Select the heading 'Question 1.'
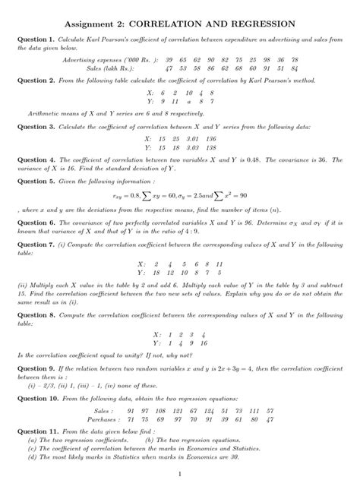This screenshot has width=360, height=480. (36, 39)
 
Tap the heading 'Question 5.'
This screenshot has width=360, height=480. (36, 182)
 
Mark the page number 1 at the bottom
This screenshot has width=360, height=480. (180, 472)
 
